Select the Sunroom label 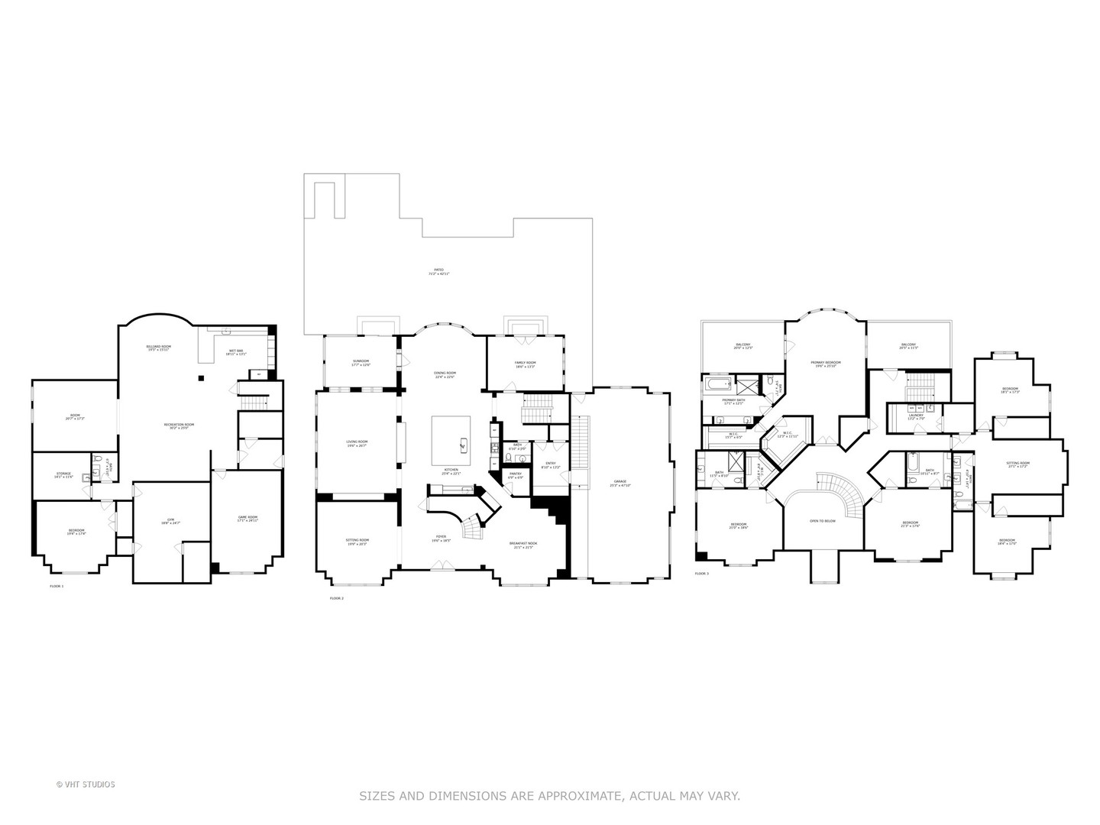tap(361, 362)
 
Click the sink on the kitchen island tap(463, 442)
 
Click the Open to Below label tap(823, 521)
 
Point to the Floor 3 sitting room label tap(1017, 464)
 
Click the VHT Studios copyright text tap(86, 785)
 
